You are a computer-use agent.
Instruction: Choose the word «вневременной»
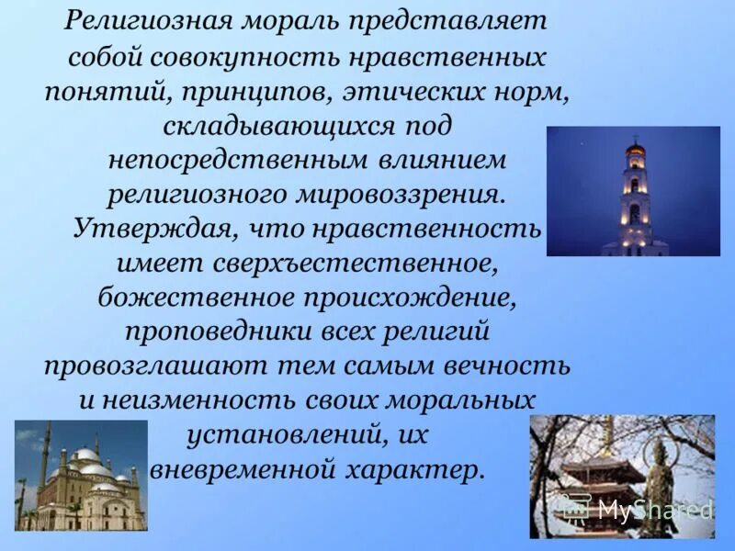click(x=231, y=469)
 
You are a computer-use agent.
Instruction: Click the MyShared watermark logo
click(x=634, y=509)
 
